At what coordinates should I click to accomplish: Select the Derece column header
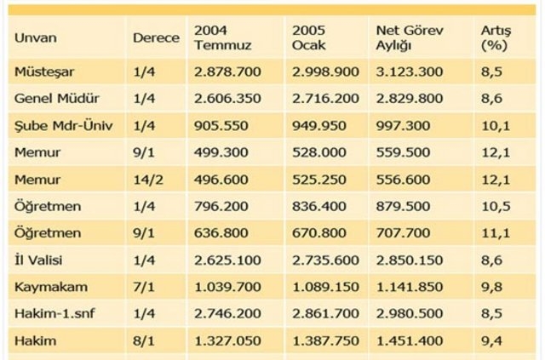coord(156,38)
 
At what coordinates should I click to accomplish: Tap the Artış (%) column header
coord(495,37)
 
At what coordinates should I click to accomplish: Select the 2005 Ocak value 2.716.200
coord(319,100)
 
